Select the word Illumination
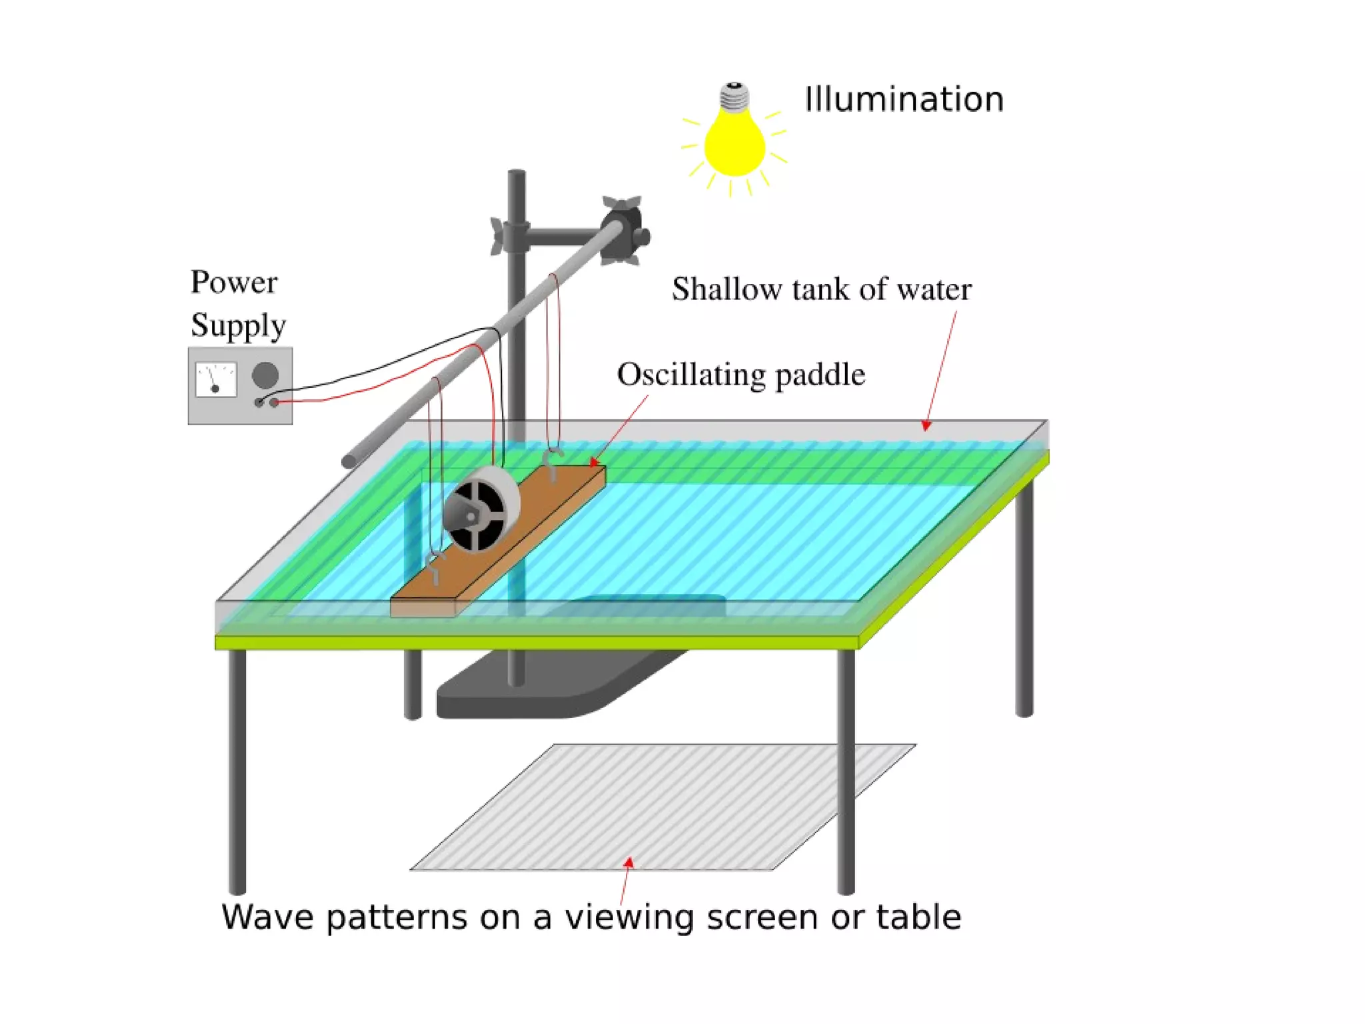(x=904, y=100)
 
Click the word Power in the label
(x=234, y=282)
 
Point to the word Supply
(x=238, y=326)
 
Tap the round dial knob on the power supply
(x=265, y=375)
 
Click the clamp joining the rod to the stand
(x=621, y=230)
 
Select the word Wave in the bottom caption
(x=267, y=918)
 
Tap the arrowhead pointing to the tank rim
(x=926, y=425)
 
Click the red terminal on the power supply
(x=274, y=402)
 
